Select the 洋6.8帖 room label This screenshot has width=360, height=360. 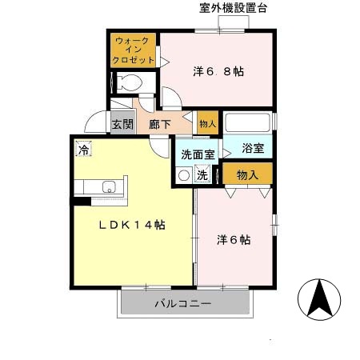click(x=218, y=71)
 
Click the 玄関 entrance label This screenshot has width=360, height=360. click(x=122, y=125)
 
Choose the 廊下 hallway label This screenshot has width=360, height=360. click(x=160, y=125)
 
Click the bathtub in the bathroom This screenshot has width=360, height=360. click(x=248, y=122)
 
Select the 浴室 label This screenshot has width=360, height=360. click(x=253, y=149)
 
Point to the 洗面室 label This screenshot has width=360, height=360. click(x=197, y=154)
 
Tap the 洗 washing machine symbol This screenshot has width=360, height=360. click(x=203, y=175)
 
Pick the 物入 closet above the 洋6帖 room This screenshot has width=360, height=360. click(x=248, y=174)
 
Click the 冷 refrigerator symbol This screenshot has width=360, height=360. click(x=83, y=149)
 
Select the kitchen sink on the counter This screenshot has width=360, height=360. click(x=108, y=189)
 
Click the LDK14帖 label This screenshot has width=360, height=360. click(x=132, y=226)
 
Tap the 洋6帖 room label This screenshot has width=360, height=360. click(x=234, y=239)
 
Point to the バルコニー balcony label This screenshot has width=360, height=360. click(x=182, y=304)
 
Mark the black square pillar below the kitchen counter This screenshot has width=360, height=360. click(x=77, y=201)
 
